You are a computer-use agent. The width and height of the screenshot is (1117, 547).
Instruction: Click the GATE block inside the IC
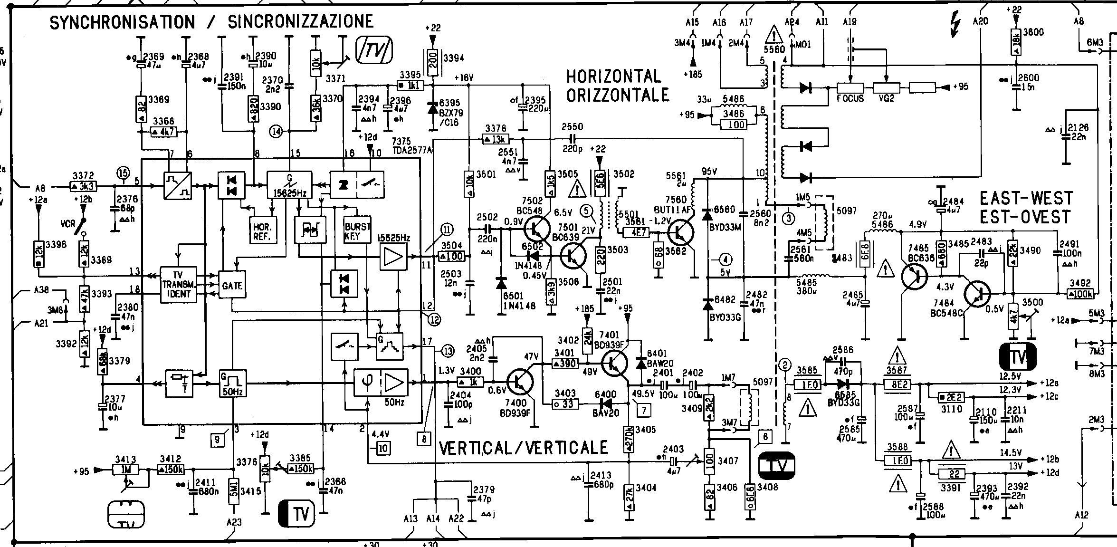232,285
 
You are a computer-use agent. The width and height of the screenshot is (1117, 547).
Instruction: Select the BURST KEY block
357,231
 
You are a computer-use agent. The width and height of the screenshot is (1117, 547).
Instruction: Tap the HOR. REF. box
262,231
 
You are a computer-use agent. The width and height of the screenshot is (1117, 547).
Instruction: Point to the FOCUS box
850,88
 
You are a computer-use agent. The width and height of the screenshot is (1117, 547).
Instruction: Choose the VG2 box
887,88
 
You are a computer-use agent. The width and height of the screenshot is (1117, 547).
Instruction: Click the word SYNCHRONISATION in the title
122,22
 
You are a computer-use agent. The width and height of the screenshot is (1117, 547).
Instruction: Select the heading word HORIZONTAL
613,77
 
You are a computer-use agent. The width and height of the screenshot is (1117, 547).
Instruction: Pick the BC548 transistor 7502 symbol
537,229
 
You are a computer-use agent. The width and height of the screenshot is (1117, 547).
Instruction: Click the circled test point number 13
448,352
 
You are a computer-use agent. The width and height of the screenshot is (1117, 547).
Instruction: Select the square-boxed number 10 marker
383,448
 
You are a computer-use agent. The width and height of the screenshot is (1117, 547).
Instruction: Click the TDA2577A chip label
412,151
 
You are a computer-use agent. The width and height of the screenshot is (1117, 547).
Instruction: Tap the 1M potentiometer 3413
126,470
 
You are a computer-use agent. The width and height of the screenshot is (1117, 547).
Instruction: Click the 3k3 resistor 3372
84,186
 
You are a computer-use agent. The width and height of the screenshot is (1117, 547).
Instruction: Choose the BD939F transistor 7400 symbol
520,382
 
